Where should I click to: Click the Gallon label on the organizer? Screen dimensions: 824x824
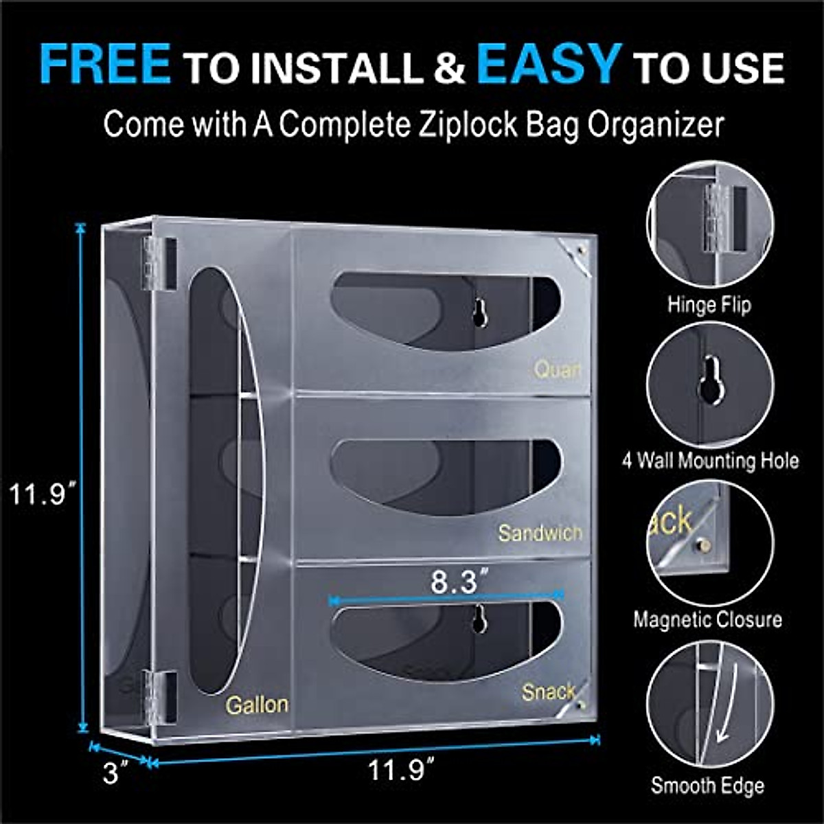pos(257,705)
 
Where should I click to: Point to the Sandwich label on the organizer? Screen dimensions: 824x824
pos(540,533)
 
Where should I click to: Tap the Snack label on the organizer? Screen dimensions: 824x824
pos(547,691)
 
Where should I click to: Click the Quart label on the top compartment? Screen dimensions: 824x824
pos(558,369)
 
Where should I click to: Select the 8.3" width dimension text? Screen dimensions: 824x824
pos(454,582)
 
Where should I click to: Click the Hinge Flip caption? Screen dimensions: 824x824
pos(709,304)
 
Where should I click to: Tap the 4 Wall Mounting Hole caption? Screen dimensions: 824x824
pos(710,459)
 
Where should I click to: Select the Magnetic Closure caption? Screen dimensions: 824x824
pos(707,619)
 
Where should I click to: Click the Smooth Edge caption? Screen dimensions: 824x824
pos(707,786)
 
